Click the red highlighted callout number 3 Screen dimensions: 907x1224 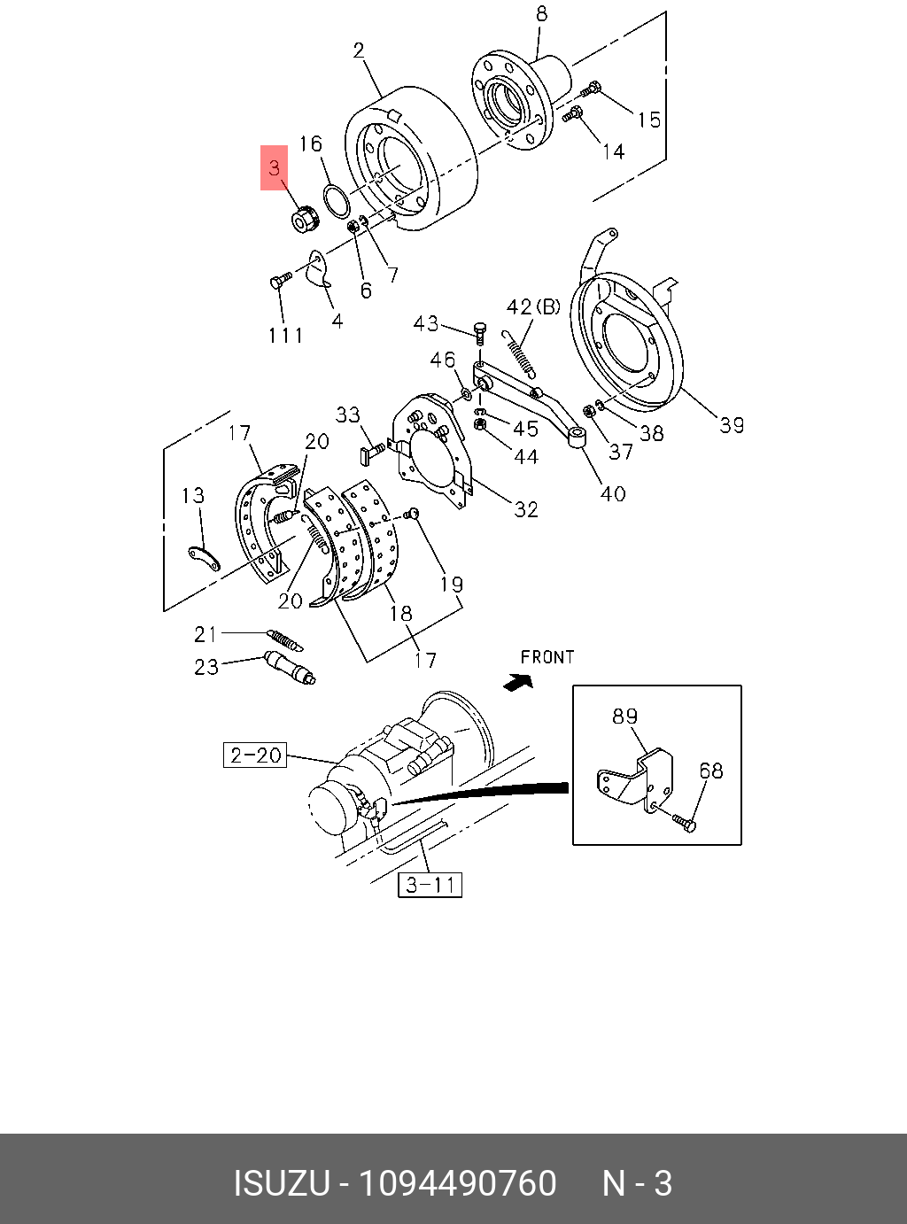(x=274, y=167)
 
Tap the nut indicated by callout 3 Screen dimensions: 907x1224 (x=303, y=219)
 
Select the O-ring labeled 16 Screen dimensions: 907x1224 (x=337, y=201)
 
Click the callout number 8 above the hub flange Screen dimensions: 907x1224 (x=541, y=14)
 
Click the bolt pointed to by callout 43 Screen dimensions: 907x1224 (x=480, y=334)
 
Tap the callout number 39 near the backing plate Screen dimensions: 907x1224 (x=732, y=425)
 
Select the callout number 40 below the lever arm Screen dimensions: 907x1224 (x=613, y=493)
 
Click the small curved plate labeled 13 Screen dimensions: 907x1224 (x=204, y=559)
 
